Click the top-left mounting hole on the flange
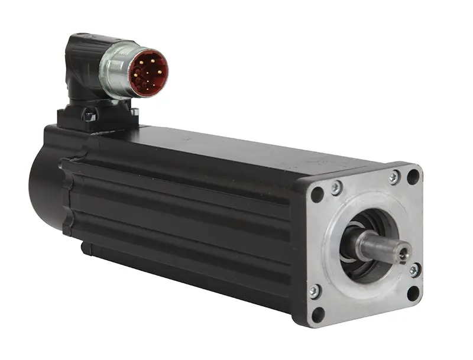pos(318,194)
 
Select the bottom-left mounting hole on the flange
pos(318,314)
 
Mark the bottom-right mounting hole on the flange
pos(413,293)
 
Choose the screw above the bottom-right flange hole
pos(414,270)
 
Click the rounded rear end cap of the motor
pos(44,189)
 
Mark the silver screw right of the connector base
pos(134,112)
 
